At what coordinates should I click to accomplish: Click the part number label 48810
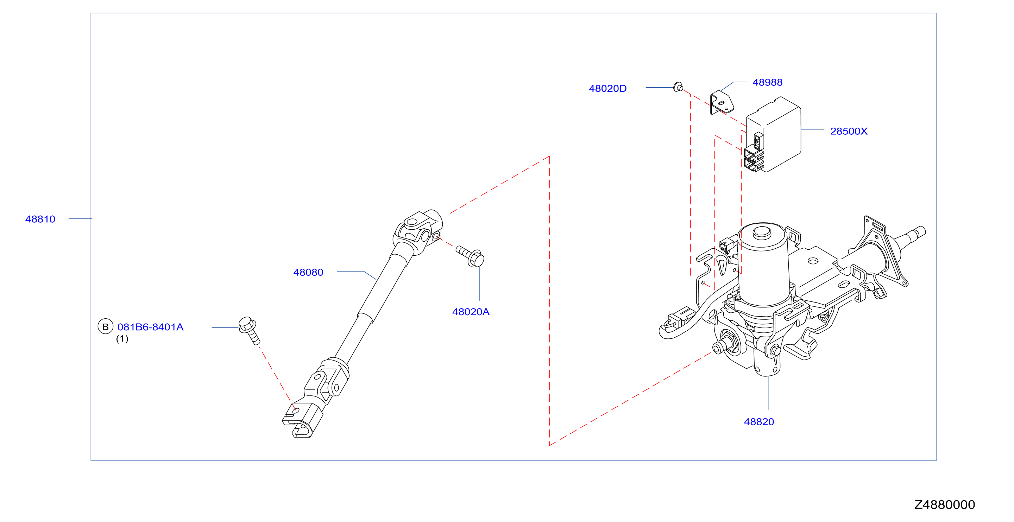(40, 219)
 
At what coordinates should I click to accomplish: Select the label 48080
(308, 272)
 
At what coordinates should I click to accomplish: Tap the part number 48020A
(471, 312)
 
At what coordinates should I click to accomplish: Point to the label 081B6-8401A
(150, 327)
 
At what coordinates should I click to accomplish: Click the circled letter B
(106, 327)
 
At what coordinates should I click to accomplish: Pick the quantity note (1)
(122, 339)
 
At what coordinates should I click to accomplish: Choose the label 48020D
(607, 89)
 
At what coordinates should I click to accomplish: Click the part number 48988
(767, 82)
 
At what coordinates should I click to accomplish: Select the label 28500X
(849, 132)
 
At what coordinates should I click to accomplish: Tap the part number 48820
(758, 422)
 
